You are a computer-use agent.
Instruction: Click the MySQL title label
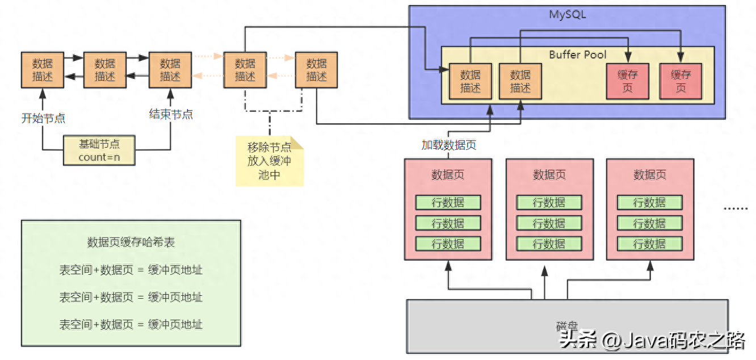click(x=567, y=15)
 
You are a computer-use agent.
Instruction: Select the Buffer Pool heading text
click(x=577, y=55)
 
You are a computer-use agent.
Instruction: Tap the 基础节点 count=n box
click(x=99, y=150)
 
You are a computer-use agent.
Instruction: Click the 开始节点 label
click(x=43, y=118)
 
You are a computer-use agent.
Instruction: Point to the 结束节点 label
click(x=171, y=115)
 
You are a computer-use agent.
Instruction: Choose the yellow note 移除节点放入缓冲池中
click(x=269, y=161)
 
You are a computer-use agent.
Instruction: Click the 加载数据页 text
click(x=448, y=145)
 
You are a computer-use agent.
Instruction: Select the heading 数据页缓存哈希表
click(x=131, y=242)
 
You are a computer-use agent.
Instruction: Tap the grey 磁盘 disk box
click(x=567, y=326)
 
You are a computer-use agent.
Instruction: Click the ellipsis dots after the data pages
click(x=736, y=208)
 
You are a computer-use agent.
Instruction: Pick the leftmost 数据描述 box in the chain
click(x=43, y=70)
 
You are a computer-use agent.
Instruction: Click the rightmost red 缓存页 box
click(x=681, y=81)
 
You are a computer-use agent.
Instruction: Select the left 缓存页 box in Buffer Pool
click(x=627, y=81)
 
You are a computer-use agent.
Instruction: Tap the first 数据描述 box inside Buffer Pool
click(x=470, y=81)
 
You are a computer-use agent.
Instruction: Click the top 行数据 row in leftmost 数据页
click(x=448, y=203)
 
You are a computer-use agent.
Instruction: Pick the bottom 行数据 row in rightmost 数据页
click(x=650, y=244)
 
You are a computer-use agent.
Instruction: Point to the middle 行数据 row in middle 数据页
click(x=549, y=223)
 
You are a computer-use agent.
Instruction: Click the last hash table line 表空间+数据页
click(x=131, y=324)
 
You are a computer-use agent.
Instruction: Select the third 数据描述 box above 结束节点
click(x=170, y=70)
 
